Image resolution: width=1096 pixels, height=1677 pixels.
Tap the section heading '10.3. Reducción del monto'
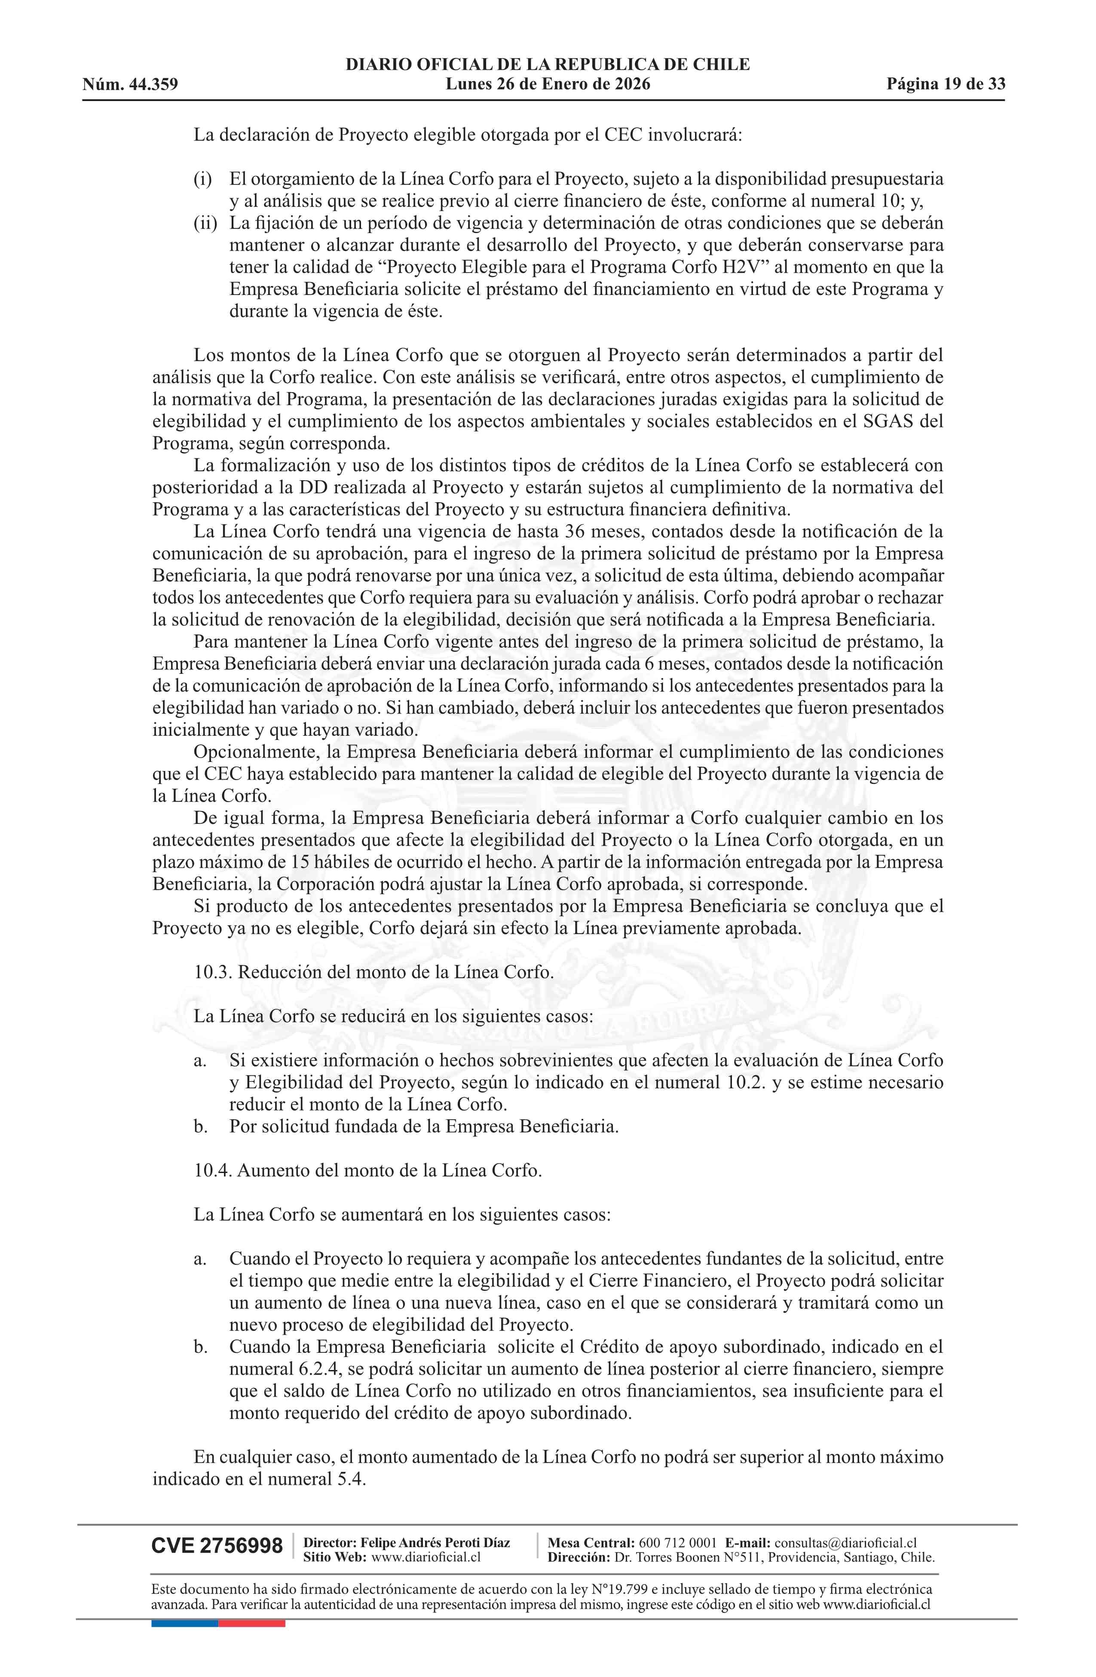(x=373, y=972)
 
